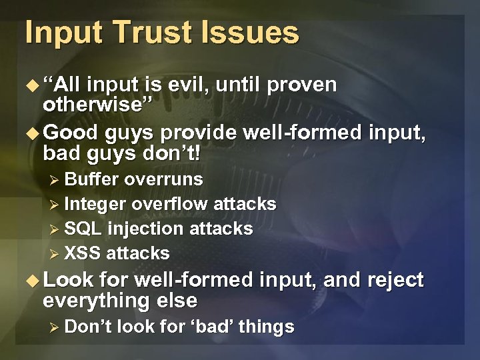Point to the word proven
point(303,85)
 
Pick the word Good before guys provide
point(70,132)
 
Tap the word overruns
point(164,179)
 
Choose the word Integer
point(95,204)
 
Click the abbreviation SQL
point(83,229)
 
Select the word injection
point(145,229)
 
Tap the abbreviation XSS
point(83,253)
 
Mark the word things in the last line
point(270,327)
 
